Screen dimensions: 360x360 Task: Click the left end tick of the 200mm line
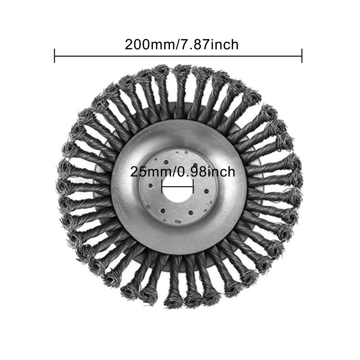pos(55,56)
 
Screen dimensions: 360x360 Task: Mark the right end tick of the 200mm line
pos(302,56)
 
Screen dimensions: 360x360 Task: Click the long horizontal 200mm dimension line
pos(178,56)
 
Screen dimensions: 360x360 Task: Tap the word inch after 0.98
pos(221,172)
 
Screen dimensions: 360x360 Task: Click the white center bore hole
pos(178,192)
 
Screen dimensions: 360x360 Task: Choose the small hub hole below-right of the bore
pos(191,212)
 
